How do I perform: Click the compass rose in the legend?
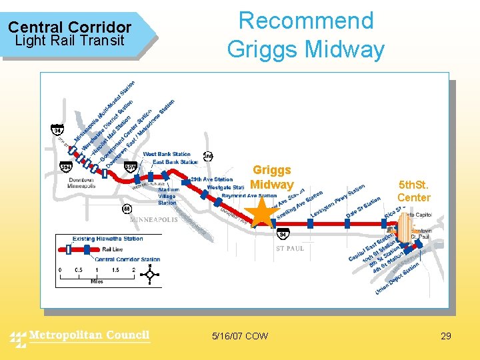tap(149, 274)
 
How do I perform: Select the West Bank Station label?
tap(167, 155)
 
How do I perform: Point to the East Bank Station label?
tap(175, 162)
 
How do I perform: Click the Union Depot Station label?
tap(397, 279)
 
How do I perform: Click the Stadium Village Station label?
tap(167, 196)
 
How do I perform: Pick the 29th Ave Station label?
tap(211, 179)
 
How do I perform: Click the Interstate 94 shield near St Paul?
tap(283, 235)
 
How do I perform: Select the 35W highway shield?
tap(131, 166)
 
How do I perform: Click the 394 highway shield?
tap(66, 166)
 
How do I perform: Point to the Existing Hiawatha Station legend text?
tap(99, 239)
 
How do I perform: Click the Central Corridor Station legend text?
tap(127, 259)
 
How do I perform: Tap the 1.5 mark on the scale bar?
tap(115, 269)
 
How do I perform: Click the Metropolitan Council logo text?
tap(89, 335)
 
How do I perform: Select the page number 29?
tap(446, 336)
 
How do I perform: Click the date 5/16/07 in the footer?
tap(227, 336)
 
